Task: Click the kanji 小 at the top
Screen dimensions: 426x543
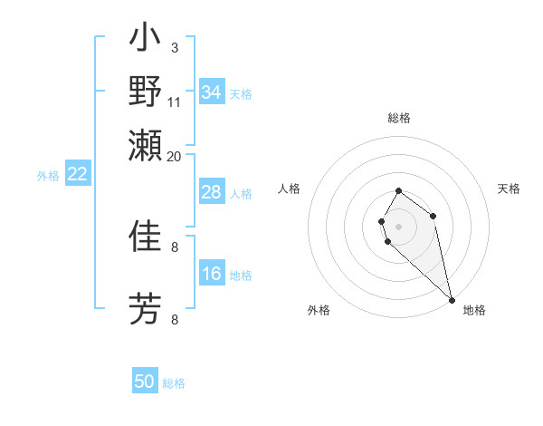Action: (145, 40)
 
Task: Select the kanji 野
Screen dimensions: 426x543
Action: (145, 92)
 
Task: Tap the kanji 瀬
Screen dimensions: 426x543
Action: (145, 145)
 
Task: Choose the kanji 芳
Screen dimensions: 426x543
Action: (145, 308)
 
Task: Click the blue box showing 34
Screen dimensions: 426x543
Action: (212, 92)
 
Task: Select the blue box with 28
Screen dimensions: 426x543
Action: (212, 192)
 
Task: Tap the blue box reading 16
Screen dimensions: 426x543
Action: (212, 274)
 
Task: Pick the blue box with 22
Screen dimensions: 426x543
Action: (77, 174)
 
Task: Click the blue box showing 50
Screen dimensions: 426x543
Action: (145, 382)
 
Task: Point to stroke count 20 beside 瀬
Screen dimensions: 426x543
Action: (175, 156)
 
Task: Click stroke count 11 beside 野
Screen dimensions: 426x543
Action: (175, 102)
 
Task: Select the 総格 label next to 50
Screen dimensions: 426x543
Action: (175, 383)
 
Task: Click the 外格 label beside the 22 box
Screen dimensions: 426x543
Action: (48, 176)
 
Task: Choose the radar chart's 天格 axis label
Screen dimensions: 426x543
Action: (509, 189)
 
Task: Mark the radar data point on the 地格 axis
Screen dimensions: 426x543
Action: (452, 300)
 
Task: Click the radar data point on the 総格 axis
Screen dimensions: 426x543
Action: (398, 191)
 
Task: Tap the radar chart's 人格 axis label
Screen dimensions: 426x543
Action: (289, 189)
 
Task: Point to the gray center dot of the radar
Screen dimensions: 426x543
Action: (398, 227)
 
